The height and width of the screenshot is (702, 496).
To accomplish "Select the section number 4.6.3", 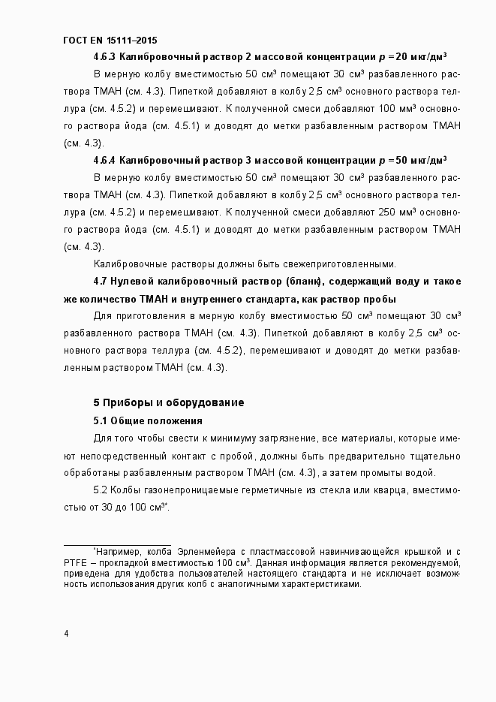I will coord(104,57).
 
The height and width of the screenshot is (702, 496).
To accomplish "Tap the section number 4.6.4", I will coord(104,160).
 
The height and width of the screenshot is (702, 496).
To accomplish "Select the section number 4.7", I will coord(101,281).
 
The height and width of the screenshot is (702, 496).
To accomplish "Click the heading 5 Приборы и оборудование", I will coord(168,402).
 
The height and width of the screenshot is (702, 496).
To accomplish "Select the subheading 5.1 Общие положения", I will coord(148,420).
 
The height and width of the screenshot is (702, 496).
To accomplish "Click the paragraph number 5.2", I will coord(101,490).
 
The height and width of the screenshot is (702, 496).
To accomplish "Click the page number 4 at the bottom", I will coord(67,634).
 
